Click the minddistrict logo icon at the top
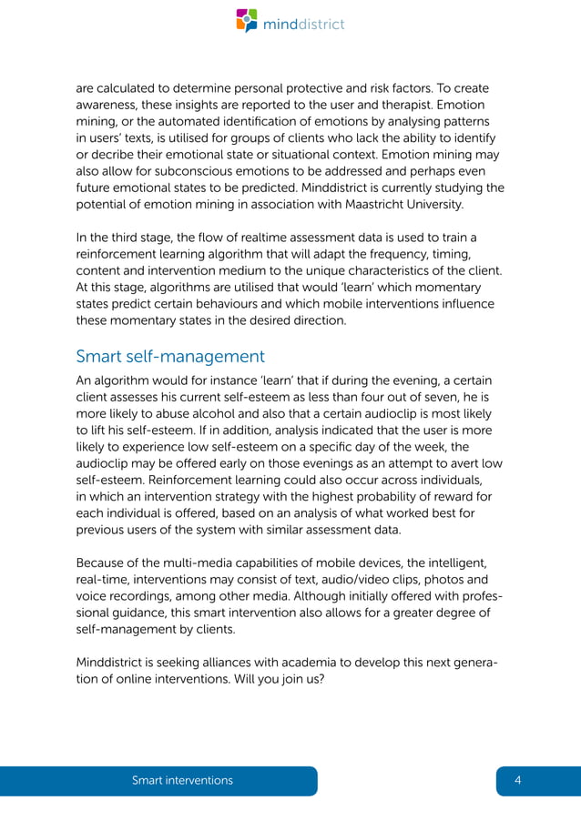[247, 21]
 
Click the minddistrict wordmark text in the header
[303, 24]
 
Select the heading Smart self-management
[170, 356]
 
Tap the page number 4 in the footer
[517, 780]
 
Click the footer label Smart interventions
[182, 780]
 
